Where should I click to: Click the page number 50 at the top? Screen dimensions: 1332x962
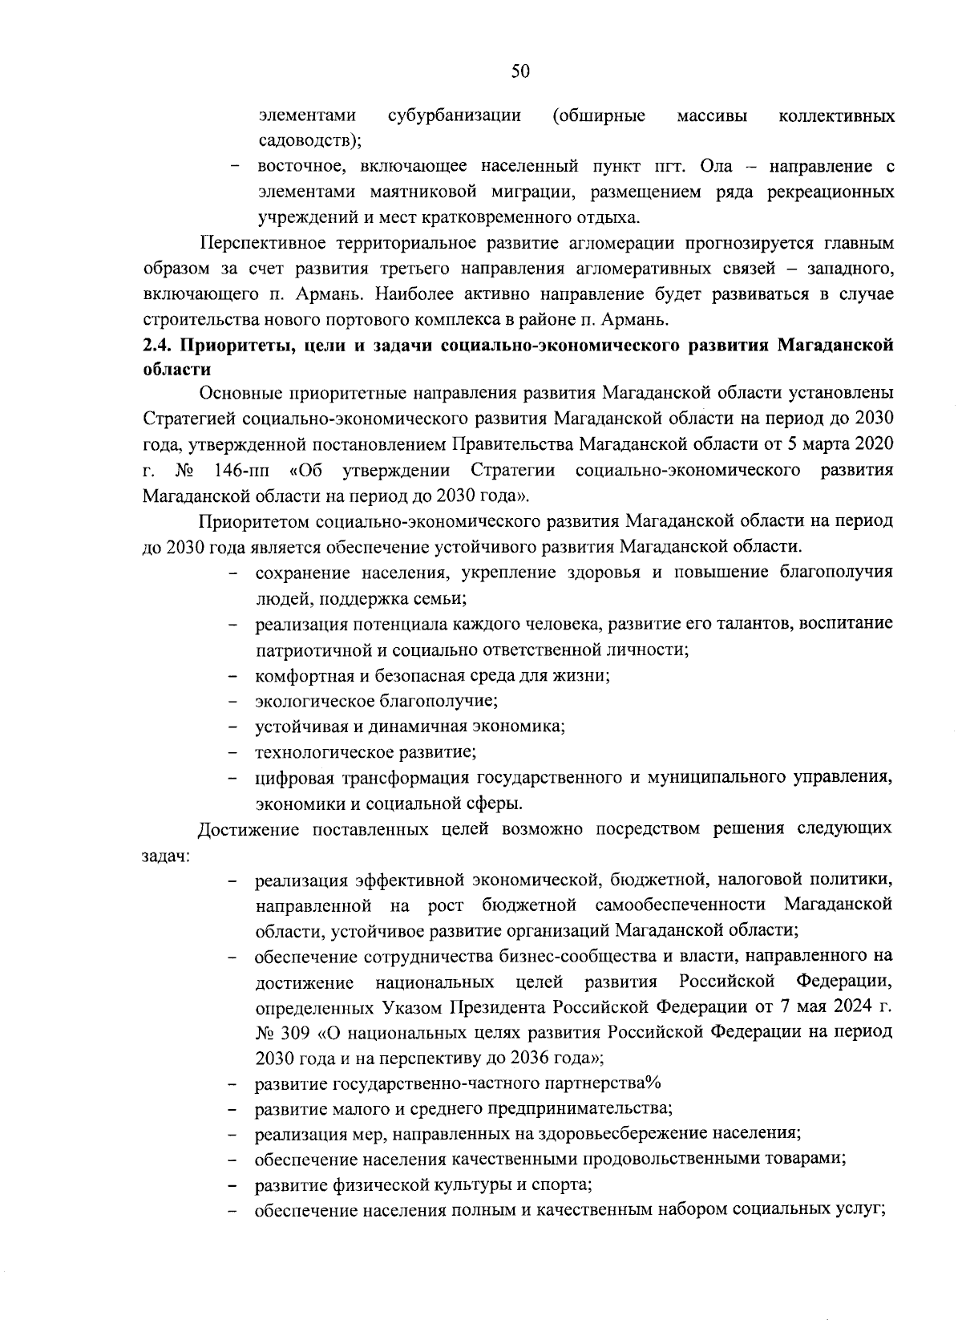[520, 71]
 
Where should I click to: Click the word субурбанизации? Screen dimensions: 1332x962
[455, 115]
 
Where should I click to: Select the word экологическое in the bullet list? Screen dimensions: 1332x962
[309, 701]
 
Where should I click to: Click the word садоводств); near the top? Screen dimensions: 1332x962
[310, 141]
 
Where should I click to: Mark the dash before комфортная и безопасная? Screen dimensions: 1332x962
[234, 676]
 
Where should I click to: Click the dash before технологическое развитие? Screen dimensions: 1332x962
[234, 753]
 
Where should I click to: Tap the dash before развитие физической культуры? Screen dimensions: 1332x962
[234, 1185]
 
